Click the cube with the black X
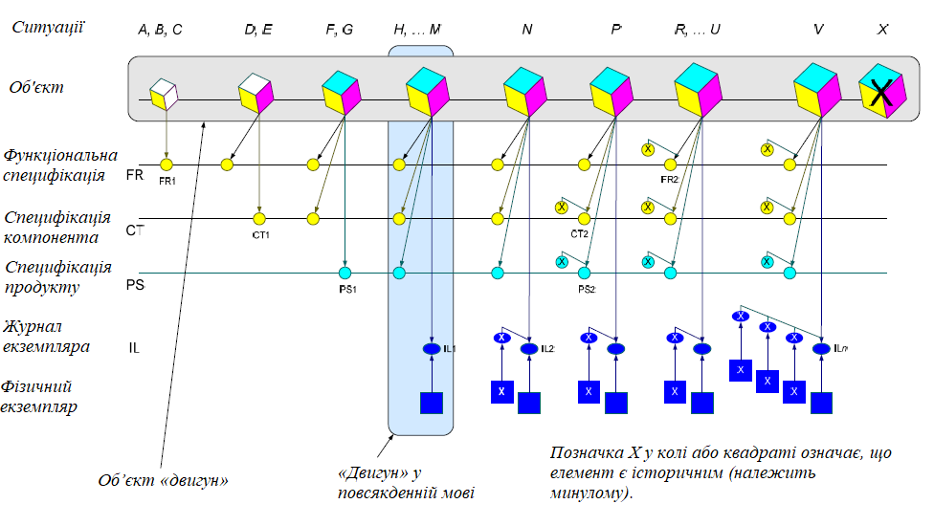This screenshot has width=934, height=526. [x=880, y=91]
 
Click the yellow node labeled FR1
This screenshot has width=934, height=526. [x=167, y=165]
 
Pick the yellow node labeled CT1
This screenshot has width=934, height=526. [x=258, y=219]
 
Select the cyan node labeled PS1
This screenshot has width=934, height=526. [x=345, y=274]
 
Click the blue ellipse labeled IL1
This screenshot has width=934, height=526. [x=432, y=348]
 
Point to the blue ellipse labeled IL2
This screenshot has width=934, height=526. [x=529, y=348]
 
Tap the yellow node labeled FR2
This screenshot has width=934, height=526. [x=670, y=165]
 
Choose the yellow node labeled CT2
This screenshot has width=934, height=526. [x=584, y=219]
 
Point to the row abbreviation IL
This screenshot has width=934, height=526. [x=135, y=347]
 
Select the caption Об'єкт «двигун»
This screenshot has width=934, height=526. [x=163, y=480]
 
